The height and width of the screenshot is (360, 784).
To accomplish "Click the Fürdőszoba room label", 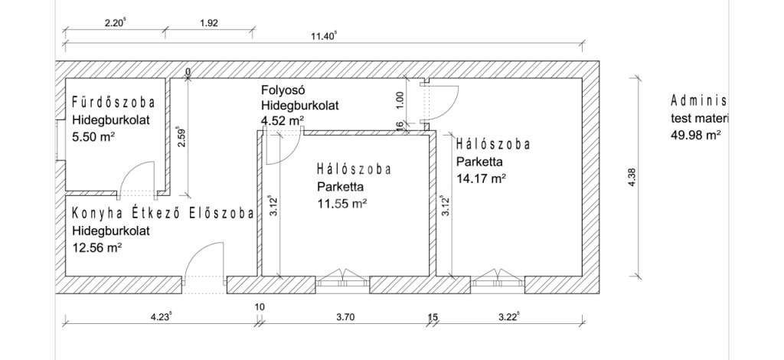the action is pyautogui.click(x=113, y=103).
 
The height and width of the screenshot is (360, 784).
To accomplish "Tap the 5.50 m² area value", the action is pyautogui.click(x=93, y=136).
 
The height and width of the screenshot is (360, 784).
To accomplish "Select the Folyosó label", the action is pyautogui.click(x=283, y=90).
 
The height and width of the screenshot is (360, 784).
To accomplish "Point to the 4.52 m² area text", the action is pyautogui.click(x=283, y=120).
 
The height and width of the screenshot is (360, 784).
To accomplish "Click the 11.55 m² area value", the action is pyautogui.click(x=342, y=204).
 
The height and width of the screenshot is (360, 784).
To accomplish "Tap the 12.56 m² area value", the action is pyautogui.click(x=97, y=247).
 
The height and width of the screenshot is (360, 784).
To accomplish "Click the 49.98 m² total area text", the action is pyautogui.click(x=695, y=135).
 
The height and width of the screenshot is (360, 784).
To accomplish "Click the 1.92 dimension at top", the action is pyautogui.click(x=208, y=23).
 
